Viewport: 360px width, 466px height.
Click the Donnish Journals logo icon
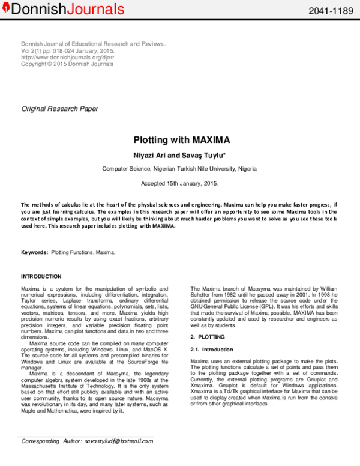click(5, 9)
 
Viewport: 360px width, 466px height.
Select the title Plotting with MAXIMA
click(181, 140)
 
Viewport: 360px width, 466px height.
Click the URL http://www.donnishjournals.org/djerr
click(67, 58)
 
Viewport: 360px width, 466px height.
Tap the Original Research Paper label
click(60, 109)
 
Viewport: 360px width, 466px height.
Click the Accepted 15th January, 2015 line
click(180, 183)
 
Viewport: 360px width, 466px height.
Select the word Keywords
click(34, 253)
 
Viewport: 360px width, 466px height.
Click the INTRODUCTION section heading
click(41, 276)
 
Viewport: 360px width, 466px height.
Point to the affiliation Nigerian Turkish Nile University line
click(181, 169)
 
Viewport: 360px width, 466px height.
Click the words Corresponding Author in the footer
click(52, 441)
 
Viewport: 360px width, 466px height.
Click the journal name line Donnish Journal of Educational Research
click(93, 44)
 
